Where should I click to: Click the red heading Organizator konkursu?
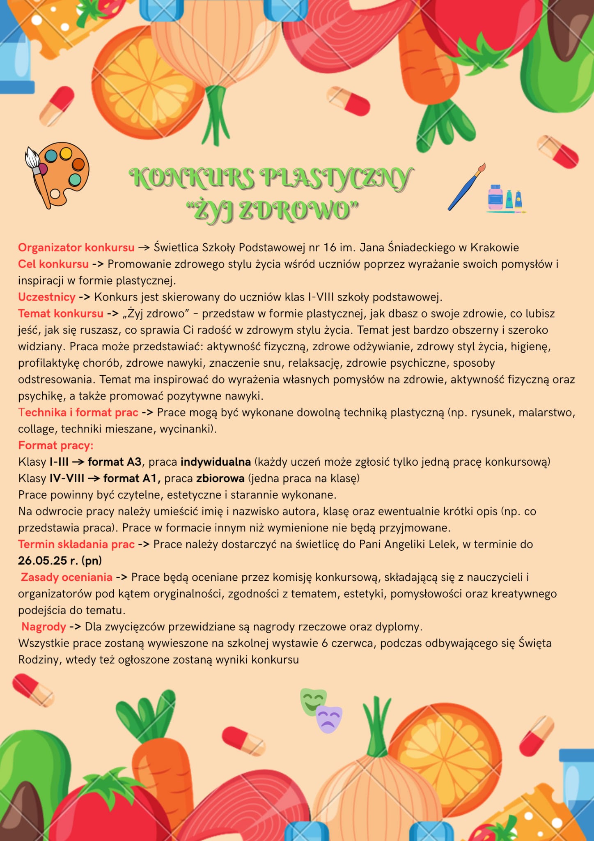[76, 248]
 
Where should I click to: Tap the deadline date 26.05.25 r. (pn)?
[60, 561]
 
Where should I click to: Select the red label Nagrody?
[44, 627]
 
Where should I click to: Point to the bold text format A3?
[115, 462]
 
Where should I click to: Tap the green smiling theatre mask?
[313, 701]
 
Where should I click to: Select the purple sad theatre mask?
[329, 719]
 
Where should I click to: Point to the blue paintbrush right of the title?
[467, 187]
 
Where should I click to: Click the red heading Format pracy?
[56, 446]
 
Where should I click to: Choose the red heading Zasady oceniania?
[67, 577]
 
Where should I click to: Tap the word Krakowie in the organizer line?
[495, 248]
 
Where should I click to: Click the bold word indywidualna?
[216, 462]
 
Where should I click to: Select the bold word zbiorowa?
[220, 478]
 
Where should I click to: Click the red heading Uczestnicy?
[47, 297]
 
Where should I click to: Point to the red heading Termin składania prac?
[76, 544]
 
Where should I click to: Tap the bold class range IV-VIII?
[67, 478]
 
